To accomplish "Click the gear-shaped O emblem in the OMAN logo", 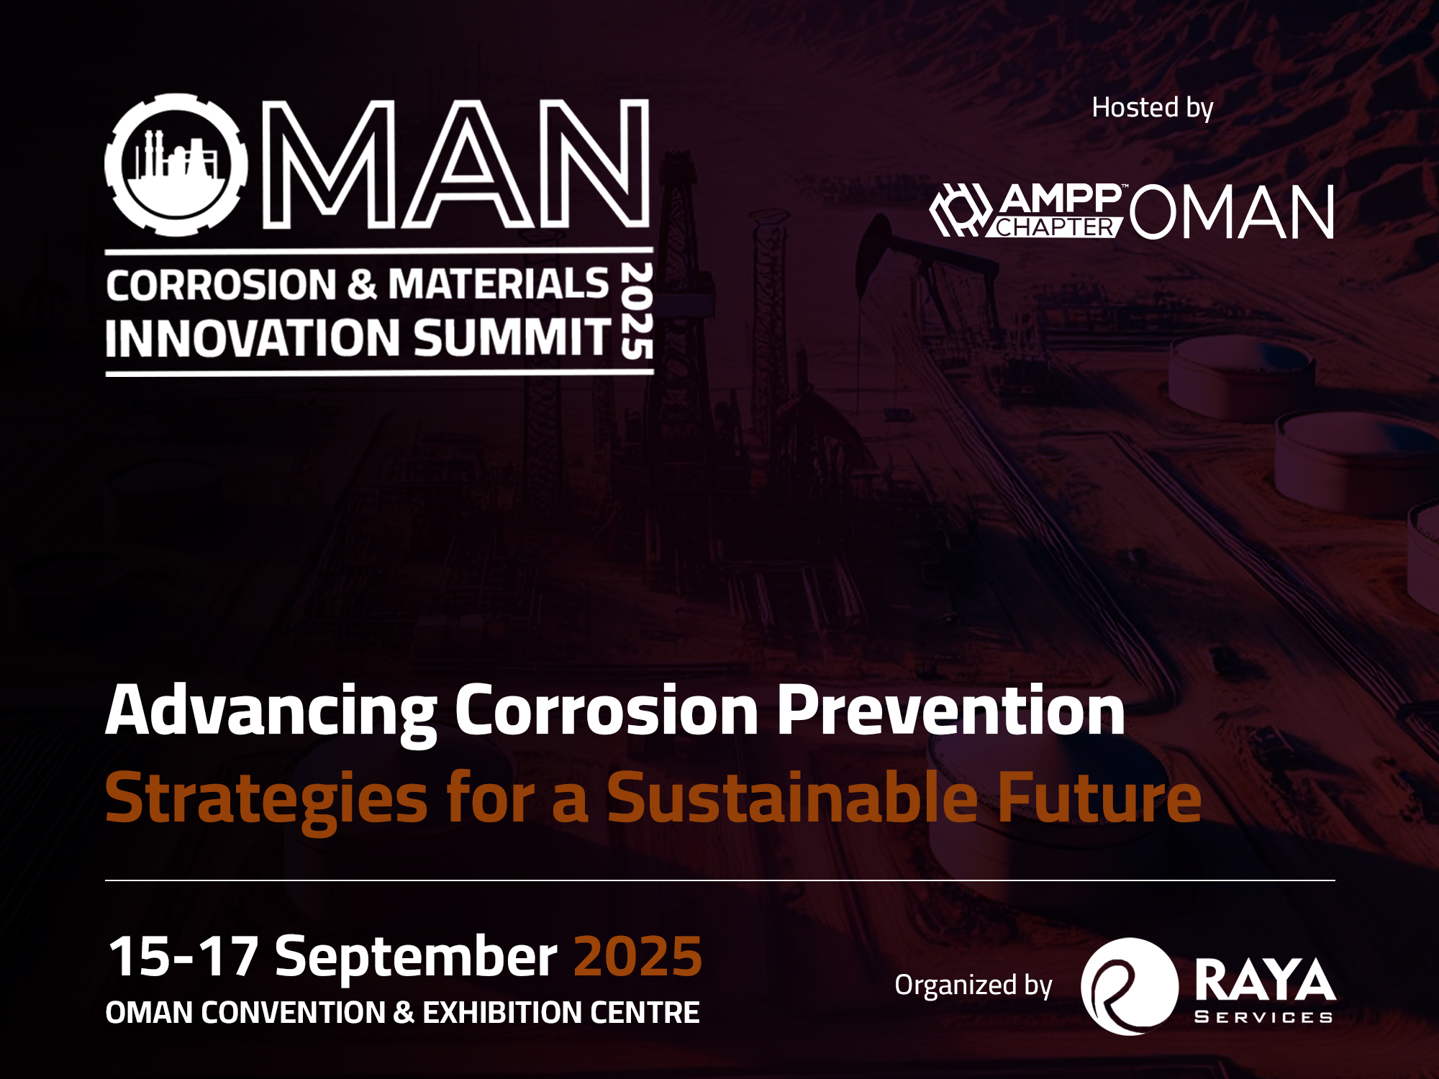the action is coord(176,165).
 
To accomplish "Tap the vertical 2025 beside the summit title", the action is coord(637,311).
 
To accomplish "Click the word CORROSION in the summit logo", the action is coord(221,285).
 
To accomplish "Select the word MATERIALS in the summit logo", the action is coord(499,283).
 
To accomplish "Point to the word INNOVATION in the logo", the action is coord(253,338).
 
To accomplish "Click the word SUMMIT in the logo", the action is coord(512,337).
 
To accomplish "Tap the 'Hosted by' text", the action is coord(1153,108).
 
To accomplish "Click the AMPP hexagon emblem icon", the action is coord(961,210).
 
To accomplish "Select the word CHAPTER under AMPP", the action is coord(1055,227).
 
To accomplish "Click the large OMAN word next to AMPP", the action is coord(1232,211).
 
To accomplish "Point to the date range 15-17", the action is coord(183,957).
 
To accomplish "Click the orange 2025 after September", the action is coord(637,957).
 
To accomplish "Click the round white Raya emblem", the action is coord(1130,986).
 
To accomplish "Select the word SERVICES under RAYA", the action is coord(1263,1017).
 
